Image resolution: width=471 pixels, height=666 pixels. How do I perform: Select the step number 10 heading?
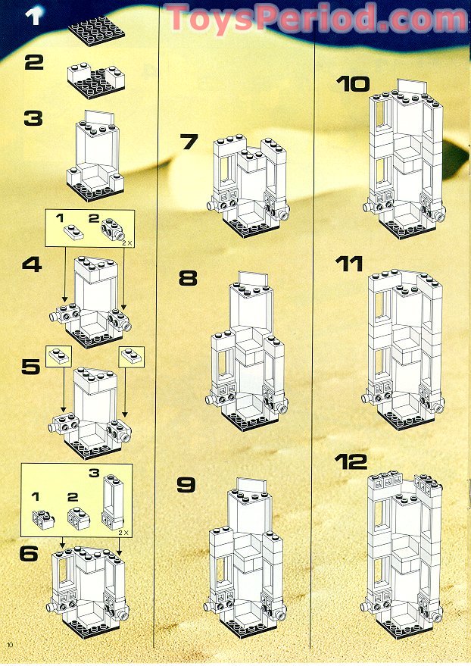pos(353,84)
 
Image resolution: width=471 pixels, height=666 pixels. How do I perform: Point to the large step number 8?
pos(187,277)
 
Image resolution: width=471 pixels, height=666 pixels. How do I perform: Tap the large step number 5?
pos(31,367)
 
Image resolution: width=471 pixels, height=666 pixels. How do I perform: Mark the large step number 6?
pos(30,553)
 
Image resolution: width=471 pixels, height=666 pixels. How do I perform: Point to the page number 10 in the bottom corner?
pos(10,643)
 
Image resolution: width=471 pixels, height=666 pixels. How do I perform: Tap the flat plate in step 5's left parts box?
pos(58,355)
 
